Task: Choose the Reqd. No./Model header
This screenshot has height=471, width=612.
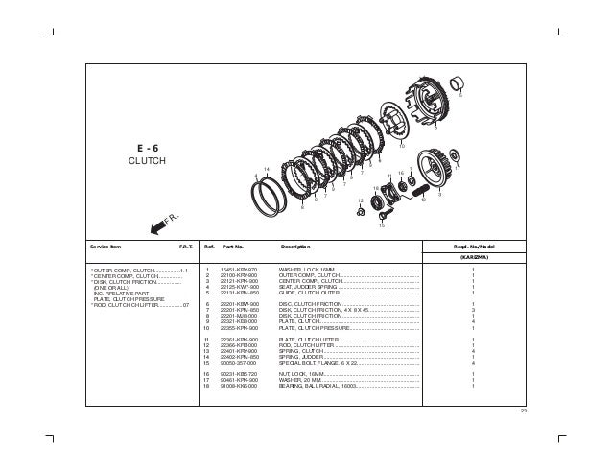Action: coord(473,247)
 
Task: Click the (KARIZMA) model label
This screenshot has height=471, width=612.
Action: coord(473,258)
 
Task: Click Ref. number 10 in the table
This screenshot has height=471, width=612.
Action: coord(207,328)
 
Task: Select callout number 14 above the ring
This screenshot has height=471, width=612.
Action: coord(266,169)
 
